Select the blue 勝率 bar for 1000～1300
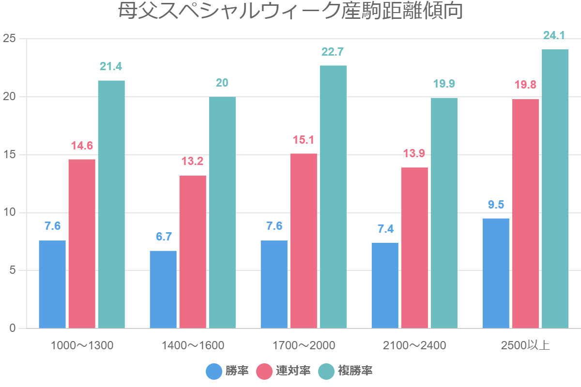pyautogui.click(x=52, y=284)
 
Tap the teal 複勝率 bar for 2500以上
pyautogui.click(x=555, y=189)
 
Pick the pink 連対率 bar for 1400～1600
pyautogui.click(x=193, y=252)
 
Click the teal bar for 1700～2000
pyautogui.click(x=333, y=197)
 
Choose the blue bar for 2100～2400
pyautogui.click(x=385, y=285)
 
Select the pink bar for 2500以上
pyautogui.click(x=525, y=213)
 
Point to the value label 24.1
pyautogui.click(x=554, y=35)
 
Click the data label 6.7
pyautogui.click(x=163, y=237)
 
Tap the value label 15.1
pyautogui.click(x=304, y=140)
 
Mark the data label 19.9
pyautogui.click(x=444, y=84)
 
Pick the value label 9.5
pyautogui.click(x=496, y=205)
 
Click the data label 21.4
pyautogui.click(x=111, y=66)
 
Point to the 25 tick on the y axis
pyautogui.click(x=10, y=39)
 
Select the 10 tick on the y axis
pyautogui.click(x=10, y=213)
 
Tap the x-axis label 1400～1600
pyautogui.click(x=193, y=345)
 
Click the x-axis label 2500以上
pyautogui.click(x=525, y=345)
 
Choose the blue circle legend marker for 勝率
pyautogui.click(x=214, y=372)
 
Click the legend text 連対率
pyautogui.click(x=293, y=372)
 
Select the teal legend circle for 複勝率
pyautogui.click(x=326, y=372)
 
